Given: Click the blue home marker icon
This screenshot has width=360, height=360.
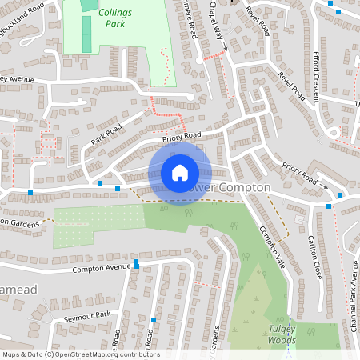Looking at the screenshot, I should pos(180,172).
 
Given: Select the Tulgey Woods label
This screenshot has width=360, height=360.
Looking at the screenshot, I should pos(282,335).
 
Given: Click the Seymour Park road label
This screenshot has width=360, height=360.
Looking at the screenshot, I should pos(87,318).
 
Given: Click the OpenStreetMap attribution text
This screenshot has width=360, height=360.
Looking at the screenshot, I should pos(80,354).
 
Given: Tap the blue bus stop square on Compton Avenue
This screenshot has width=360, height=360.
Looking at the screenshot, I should pos(137,262).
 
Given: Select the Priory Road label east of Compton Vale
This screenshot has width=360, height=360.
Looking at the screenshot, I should pos(300,172).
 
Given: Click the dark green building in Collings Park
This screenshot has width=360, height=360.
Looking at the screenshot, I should pos(87,33).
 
